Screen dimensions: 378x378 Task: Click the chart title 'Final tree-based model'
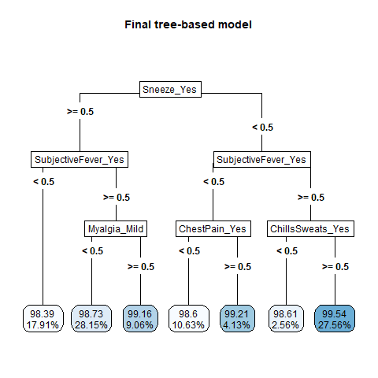[188, 24]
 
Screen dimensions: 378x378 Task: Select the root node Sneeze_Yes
[170, 90]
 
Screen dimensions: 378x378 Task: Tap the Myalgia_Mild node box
[116, 229]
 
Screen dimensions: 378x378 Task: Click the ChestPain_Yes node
[213, 229]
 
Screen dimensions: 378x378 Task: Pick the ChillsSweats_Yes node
[310, 229]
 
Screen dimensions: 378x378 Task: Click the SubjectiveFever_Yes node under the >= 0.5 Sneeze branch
[80, 159]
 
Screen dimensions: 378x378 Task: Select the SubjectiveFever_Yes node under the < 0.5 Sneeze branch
[262, 159]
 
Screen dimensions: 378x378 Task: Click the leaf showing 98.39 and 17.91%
[43, 319]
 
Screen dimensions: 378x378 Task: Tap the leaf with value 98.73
[91, 319]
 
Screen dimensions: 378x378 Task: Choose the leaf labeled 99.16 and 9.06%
[140, 319]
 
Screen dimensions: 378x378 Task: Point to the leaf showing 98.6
[189, 319]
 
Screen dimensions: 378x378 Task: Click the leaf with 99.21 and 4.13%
[237, 319]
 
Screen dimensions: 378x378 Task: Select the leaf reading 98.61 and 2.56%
[286, 319]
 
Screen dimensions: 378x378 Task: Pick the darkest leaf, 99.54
[335, 319]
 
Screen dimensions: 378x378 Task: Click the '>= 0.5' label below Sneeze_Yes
[80, 112]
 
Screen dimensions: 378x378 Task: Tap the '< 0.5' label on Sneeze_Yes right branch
[262, 128]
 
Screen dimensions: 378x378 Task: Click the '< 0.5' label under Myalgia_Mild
[93, 251]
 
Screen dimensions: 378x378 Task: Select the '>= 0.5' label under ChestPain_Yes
[238, 267]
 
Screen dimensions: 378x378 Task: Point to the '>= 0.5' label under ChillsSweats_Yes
[335, 267]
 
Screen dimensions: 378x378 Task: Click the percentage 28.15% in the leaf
[91, 325]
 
